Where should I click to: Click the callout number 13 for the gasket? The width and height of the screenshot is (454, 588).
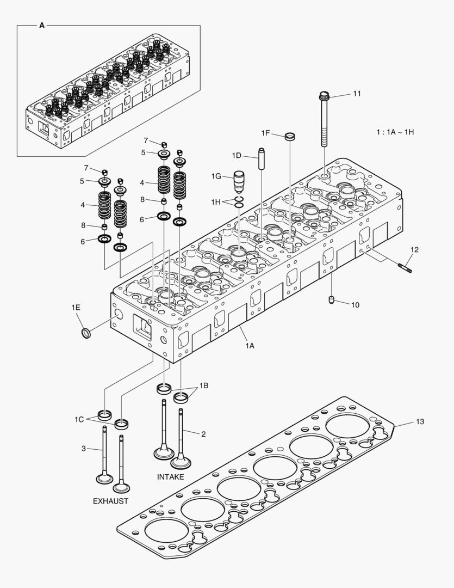[420, 421]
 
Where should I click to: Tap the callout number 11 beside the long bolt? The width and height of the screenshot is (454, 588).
[357, 94]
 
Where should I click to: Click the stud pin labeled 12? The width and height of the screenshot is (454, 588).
[406, 266]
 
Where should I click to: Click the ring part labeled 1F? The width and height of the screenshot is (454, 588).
[290, 136]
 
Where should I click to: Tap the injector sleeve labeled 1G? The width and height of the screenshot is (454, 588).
[239, 181]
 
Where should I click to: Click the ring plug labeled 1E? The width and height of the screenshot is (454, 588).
[85, 333]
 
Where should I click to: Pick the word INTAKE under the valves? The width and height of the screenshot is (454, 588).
[170, 477]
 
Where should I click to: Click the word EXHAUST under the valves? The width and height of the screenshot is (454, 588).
[110, 501]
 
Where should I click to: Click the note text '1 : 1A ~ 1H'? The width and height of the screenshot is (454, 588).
[395, 132]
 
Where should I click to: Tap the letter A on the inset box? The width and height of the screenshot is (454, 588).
[42, 25]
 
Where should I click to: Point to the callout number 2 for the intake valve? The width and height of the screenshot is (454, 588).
[203, 434]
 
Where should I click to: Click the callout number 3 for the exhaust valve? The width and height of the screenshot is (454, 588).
[83, 448]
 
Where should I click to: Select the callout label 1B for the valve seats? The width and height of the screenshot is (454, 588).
[203, 385]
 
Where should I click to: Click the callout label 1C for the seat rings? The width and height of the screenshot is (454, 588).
[79, 419]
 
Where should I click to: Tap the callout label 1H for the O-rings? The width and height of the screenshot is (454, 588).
[217, 202]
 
